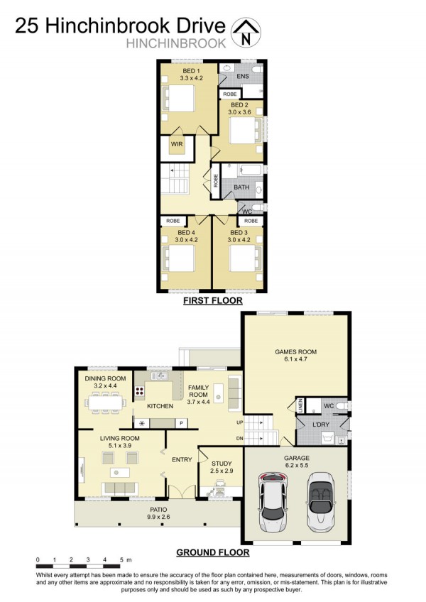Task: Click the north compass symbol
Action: click(246, 33)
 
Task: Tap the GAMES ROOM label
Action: click(296, 351)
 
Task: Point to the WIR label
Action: click(177, 144)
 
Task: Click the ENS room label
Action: click(243, 77)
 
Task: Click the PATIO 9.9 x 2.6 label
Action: click(158, 513)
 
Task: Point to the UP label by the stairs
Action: click(240, 422)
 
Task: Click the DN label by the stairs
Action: click(240, 438)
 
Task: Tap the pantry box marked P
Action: click(181, 423)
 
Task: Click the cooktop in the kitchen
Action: click(139, 391)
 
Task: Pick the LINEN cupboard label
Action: click(301, 405)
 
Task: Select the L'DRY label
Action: click(320, 425)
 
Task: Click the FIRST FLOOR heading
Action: click(213, 300)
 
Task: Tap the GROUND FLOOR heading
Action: click(213, 552)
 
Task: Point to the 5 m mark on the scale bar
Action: click(126, 560)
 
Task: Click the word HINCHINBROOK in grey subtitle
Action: click(176, 43)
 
